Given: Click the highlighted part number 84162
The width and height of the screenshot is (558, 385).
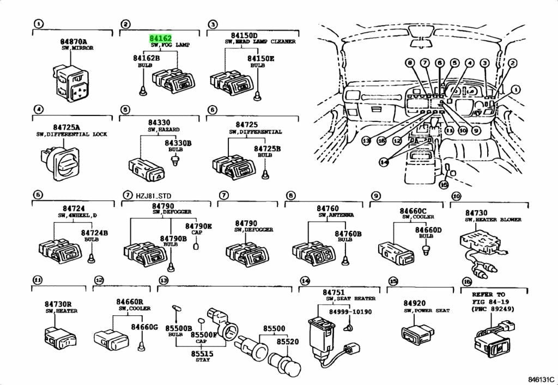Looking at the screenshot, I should [161, 39].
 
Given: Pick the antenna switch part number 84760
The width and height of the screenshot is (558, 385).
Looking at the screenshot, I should [327, 209].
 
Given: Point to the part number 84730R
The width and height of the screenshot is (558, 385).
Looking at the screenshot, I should [58, 304].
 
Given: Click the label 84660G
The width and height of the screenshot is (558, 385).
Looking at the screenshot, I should [144, 327].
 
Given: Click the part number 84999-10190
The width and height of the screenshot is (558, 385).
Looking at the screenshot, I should [350, 311].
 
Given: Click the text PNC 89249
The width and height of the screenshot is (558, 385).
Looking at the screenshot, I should [488, 309].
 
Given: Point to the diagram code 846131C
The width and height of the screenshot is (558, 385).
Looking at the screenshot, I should [541, 379].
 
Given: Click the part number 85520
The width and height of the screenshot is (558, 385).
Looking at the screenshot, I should [288, 341].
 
